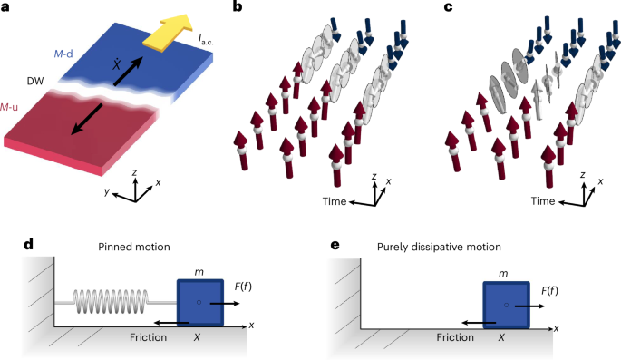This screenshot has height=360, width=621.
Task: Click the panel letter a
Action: pos(6,7)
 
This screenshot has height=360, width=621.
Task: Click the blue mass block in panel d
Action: pos(198,303)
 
